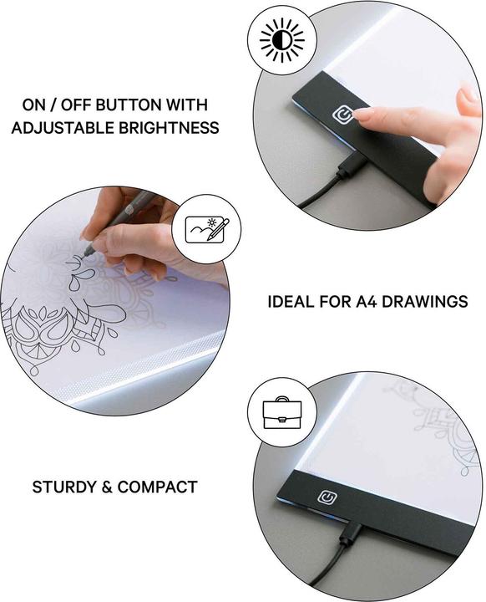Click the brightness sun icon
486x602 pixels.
(282, 40)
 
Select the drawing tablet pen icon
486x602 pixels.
(207, 229)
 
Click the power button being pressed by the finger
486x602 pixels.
(342, 115)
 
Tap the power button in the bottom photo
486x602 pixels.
(327, 497)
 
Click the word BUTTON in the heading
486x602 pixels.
(126, 105)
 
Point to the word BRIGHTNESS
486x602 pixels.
(169, 127)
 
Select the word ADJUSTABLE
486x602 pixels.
(63, 127)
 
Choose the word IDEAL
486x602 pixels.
(291, 301)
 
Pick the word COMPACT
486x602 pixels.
(157, 487)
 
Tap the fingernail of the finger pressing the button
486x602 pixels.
(362, 113)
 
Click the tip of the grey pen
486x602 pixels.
(86, 254)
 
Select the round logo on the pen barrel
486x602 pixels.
(128, 209)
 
